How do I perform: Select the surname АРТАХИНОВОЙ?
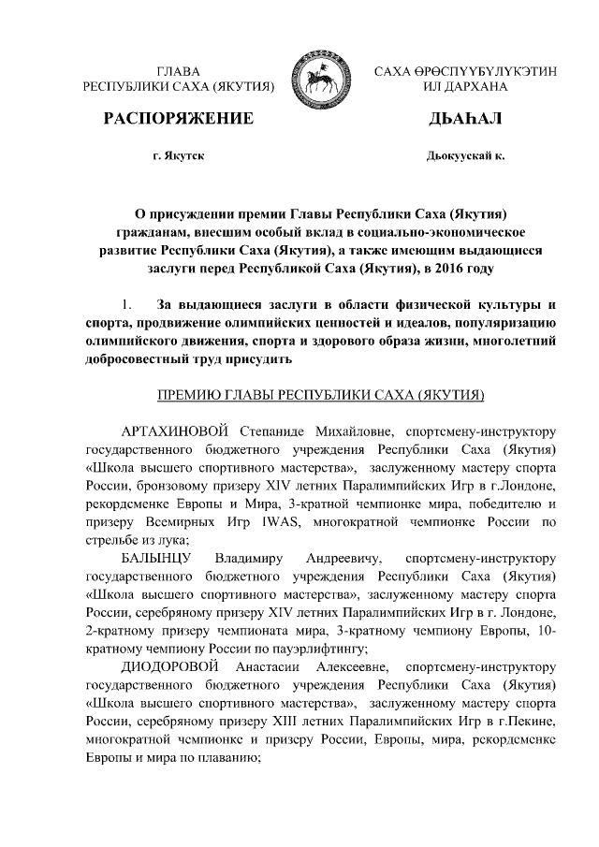click(176, 431)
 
